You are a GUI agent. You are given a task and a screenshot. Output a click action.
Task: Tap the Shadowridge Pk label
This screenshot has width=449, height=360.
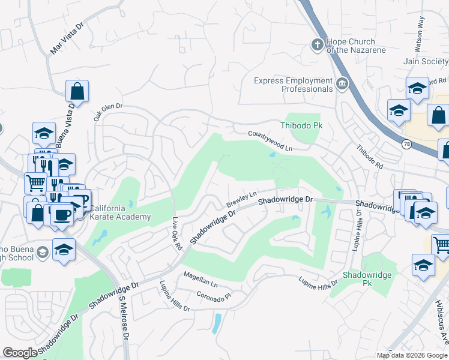tap(367, 279)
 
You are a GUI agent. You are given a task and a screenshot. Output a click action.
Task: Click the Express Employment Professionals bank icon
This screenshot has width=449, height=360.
tap(343, 83)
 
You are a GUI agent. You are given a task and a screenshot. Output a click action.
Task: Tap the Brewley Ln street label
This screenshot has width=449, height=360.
tap(241, 200)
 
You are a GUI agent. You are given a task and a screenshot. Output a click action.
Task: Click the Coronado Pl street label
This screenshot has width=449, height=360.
tap(214, 296)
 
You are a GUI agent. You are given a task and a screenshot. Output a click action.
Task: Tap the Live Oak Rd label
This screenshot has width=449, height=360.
tap(176, 233)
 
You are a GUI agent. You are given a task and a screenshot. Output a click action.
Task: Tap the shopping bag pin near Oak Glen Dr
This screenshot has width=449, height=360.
tap(77, 91)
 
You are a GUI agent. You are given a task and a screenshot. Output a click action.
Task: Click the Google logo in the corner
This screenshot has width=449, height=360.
tap(20, 353)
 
